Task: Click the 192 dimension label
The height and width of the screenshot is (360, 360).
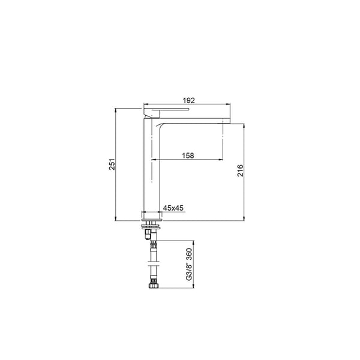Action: coord(189,100)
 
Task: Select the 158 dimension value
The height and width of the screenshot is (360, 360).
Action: coord(188,155)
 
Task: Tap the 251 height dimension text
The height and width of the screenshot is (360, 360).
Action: coord(112,164)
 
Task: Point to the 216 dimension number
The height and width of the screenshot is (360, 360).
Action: coord(240,170)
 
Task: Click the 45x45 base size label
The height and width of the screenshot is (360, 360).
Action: coord(173,208)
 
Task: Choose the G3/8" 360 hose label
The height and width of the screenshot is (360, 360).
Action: coord(189,264)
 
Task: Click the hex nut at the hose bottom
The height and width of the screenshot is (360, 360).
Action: coord(153,286)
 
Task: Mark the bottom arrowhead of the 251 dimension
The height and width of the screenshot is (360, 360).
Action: coord(115,218)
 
